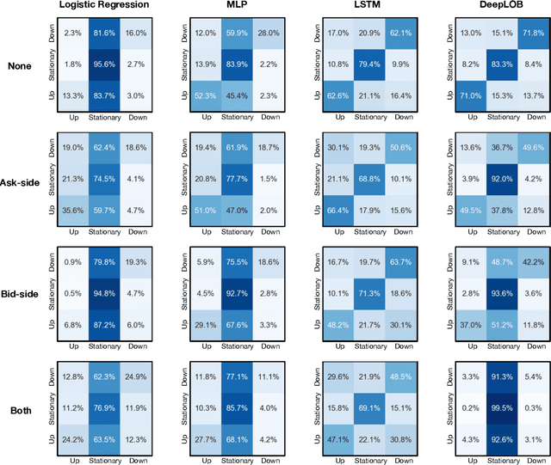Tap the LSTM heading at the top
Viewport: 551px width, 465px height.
pos(361,6)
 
